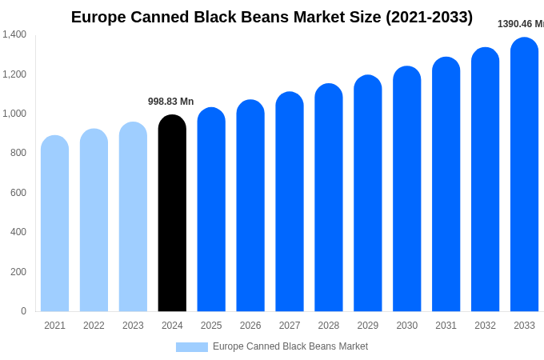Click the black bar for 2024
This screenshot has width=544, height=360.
click(172, 214)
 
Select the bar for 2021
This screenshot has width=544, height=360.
click(54, 224)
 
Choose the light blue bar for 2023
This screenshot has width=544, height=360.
click(133, 217)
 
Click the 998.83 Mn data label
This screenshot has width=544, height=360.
click(170, 102)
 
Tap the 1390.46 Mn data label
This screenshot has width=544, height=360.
click(520, 24)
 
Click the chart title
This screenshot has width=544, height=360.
click(272, 17)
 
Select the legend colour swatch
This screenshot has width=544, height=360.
click(191, 347)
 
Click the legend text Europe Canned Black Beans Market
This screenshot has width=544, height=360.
click(290, 346)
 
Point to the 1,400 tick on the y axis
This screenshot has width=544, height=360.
click(14, 34)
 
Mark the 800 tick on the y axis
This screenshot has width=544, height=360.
click(18, 153)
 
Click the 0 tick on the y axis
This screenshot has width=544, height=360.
click(23, 311)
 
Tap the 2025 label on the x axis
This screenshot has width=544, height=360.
click(211, 326)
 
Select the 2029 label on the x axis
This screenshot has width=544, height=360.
click(368, 326)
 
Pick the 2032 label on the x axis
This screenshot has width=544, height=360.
click(485, 326)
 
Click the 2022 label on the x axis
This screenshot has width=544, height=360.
click(94, 326)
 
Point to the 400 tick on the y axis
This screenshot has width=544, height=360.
click(18, 232)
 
